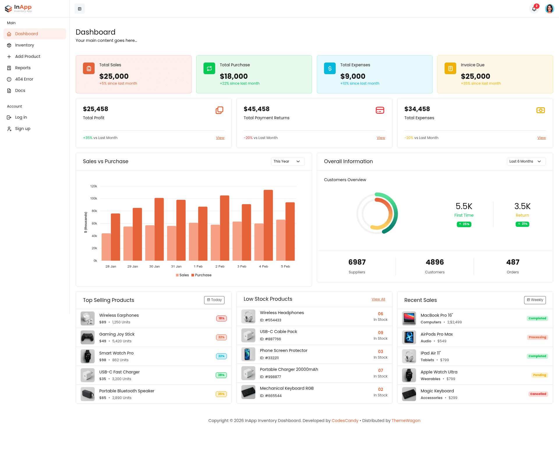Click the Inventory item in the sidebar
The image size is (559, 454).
pyautogui.click(x=24, y=45)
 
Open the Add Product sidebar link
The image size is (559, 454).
pyautogui.click(x=28, y=56)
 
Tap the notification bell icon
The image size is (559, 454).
pyautogui.click(x=534, y=9)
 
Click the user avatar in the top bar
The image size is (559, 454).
pyautogui.click(x=549, y=9)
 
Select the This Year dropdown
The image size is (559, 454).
pyautogui.click(x=288, y=161)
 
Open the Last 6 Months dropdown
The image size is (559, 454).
pyautogui.click(x=526, y=161)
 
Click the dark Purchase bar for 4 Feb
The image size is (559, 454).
pyautogui.click(x=268, y=225)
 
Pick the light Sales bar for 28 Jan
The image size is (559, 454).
pyautogui.click(x=106, y=247)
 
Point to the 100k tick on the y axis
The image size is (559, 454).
pyautogui.click(x=93, y=198)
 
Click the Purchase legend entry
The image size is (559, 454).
pyautogui.click(x=201, y=275)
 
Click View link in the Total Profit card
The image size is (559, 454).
pyautogui.click(x=220, y=138)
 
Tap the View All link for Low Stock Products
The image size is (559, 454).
pyautogui.click(x=378, y=299)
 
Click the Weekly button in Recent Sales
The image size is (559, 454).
pyautogui.click(x=535, y=300)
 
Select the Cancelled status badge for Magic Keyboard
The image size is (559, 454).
pyautogui.click(x=538, y=394)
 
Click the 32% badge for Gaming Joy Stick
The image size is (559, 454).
pyautogui.click(x=221, y=337)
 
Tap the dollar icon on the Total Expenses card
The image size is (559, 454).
pyautogui.click(x=330, y=68)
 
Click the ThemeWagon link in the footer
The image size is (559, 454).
pyautogui.click(x=406, y=421)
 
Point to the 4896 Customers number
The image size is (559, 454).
pyautogui.click(x=435, y=262)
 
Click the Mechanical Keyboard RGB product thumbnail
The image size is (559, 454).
pyautogui.click(x=248, y=392)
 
